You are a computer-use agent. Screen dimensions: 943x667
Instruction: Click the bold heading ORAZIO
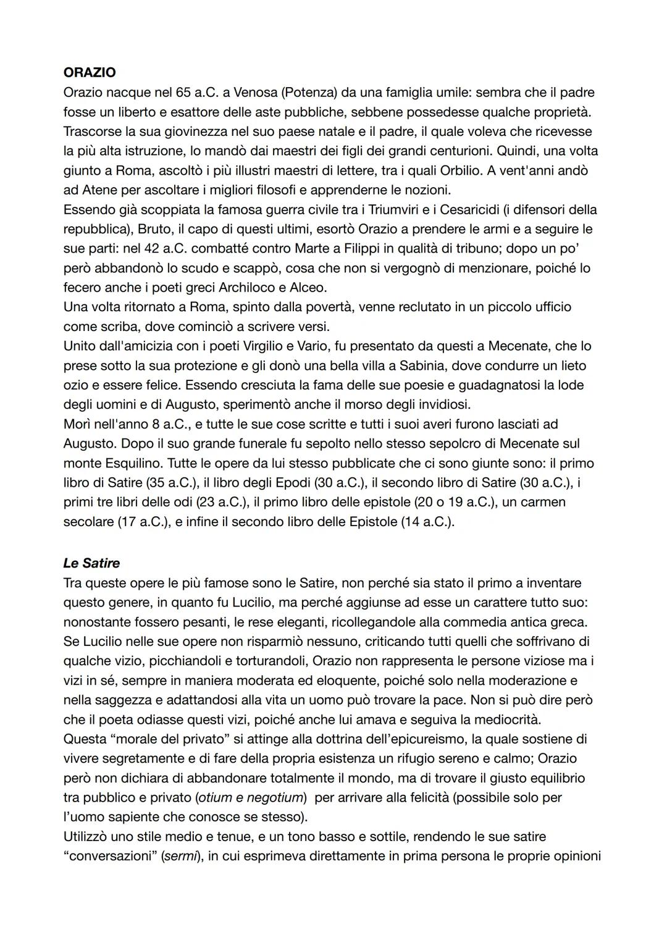pos(90,72)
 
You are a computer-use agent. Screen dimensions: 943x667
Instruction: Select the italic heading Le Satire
pos(91,563)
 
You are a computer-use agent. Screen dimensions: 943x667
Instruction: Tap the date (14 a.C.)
pos(427,522)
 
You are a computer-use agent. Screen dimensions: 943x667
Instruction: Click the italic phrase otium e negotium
pos(251,798)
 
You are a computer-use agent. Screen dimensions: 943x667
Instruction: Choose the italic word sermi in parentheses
pos(180,857)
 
